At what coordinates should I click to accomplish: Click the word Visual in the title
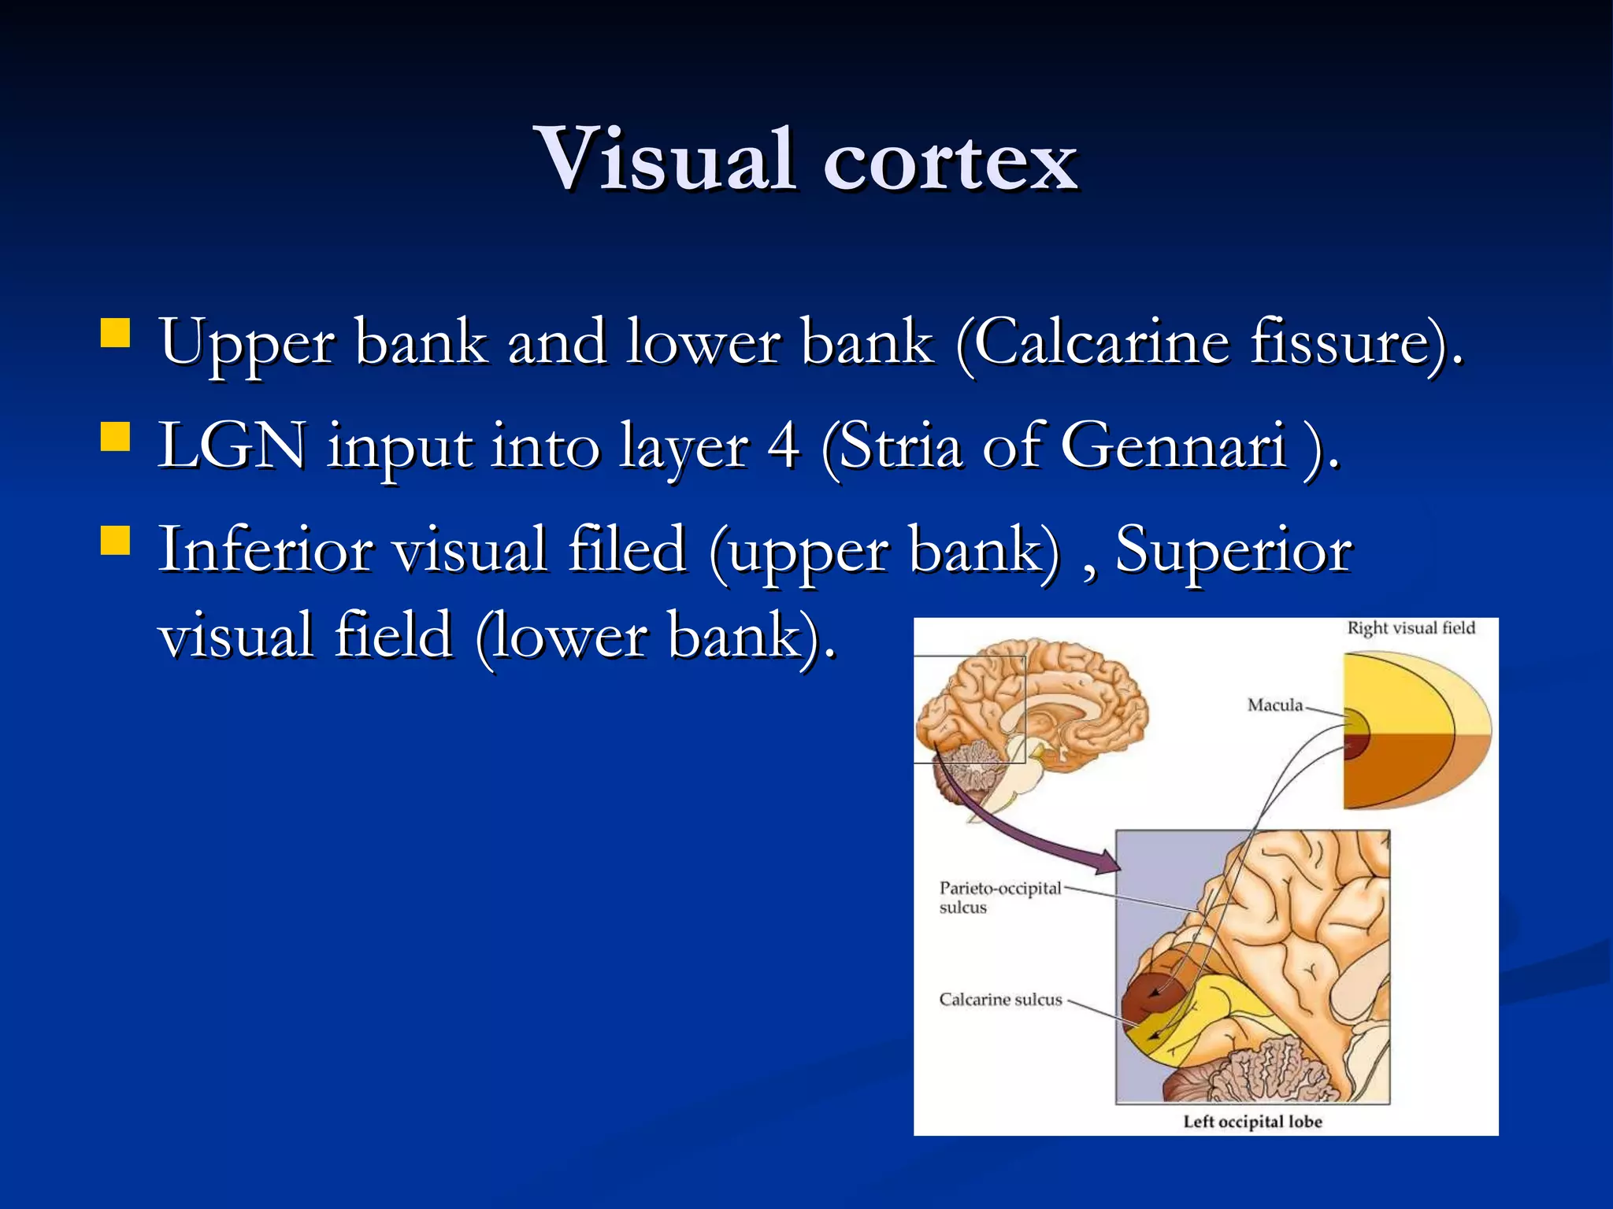point(666,160)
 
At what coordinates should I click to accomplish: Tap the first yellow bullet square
point(115,333)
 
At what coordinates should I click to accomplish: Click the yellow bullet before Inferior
point(115,540)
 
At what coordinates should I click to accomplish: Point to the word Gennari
point(1174,446)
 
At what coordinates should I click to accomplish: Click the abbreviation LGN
point(232,446)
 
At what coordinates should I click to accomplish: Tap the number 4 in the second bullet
point(784,446)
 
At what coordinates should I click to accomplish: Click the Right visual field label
point(1411,628)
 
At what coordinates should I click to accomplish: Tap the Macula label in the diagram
point(1274,705)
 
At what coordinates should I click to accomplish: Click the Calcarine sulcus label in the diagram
point(1000,1000)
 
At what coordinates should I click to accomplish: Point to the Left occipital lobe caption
point(1252,1122)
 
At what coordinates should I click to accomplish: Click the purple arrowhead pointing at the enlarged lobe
point(1107,863)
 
